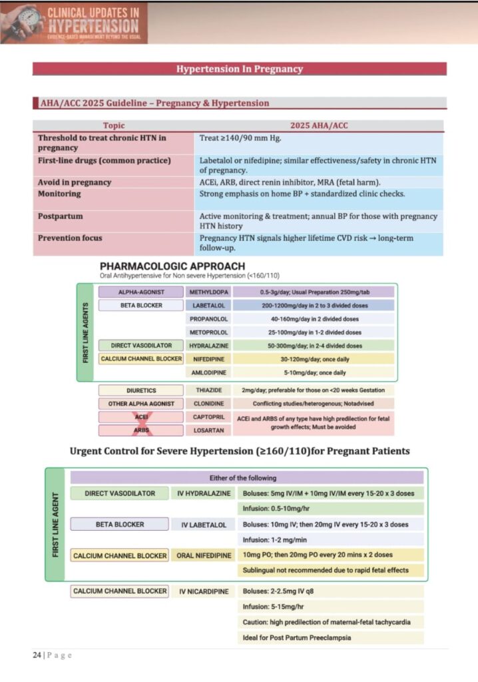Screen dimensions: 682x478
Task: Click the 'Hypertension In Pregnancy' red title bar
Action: click(239, 69)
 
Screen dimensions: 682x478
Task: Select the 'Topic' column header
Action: click(113, 125)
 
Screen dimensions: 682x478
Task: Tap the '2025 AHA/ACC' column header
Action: click(319, 125)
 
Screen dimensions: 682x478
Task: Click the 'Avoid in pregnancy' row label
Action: click(75, 182)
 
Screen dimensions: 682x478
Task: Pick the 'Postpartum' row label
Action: click(59, 216)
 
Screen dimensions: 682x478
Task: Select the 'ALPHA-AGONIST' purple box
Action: click(140, 292)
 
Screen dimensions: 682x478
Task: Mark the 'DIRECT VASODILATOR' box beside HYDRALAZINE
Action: click(140, 346)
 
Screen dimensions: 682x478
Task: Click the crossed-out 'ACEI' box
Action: click(140, 417)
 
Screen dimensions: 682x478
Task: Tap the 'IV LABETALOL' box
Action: click(204, 525)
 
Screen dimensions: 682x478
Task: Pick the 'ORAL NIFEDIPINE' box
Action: click(204, 555)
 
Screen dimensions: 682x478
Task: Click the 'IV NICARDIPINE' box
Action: click(204, 591)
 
